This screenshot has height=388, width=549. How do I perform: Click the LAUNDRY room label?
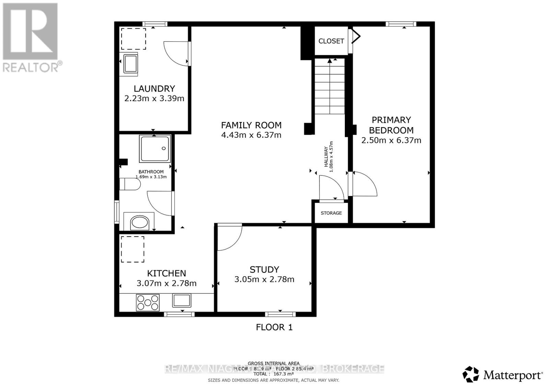(154, 88)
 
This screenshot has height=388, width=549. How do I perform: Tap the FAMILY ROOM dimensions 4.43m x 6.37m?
(251, 135)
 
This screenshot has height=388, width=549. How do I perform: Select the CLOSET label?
(331, 41)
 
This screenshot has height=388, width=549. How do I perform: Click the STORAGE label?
(331, 213)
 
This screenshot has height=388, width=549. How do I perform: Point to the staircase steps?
(329, 89)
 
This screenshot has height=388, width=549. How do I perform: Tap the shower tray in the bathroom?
(154, 149)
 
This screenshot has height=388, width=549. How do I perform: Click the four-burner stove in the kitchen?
(148, 302)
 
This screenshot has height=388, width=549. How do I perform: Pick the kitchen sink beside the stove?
(182, 300)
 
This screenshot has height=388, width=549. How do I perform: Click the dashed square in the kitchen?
(132, 249)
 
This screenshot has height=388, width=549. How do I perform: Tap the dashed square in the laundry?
(133, 39)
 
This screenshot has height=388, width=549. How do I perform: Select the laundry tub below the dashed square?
(130, 64)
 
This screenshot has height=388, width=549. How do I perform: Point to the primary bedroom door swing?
(364, 184)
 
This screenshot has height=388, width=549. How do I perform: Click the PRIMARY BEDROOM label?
(391, 125)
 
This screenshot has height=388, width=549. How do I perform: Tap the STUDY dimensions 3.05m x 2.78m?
(264, 279)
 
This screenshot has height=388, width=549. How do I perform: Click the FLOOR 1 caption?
(274, 327)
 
